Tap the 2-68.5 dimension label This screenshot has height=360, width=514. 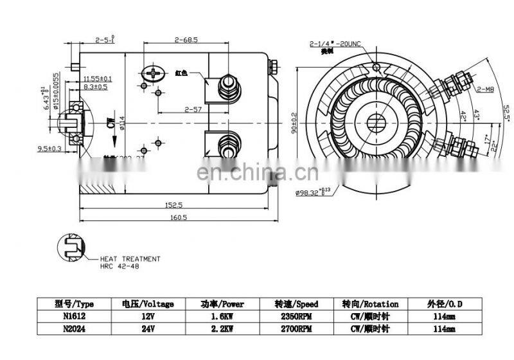click(185, 40)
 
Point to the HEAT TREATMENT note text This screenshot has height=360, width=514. click(130, 258)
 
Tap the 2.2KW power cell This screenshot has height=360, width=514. click(220, 328)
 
